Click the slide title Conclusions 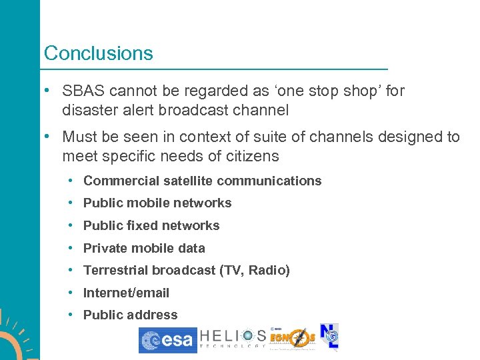[x=98, y=53]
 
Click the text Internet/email [x=126, y=293]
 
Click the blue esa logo [x=167, y=339]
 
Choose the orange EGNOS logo [x=292, y=339]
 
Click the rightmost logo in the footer [x=329, y=337]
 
